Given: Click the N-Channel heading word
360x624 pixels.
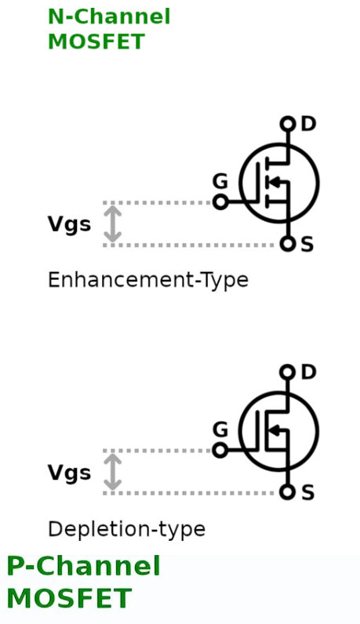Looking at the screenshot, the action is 109,16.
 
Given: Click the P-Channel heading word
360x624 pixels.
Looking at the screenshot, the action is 84,565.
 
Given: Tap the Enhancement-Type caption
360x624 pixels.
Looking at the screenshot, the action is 148,280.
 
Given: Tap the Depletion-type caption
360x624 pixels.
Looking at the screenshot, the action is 126,529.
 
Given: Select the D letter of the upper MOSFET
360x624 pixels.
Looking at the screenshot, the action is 308,124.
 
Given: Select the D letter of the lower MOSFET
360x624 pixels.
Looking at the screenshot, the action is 308,372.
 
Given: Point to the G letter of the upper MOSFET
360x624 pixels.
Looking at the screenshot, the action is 220,182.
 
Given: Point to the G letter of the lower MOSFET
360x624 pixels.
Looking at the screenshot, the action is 220,430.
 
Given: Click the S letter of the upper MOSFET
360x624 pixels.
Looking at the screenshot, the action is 307,244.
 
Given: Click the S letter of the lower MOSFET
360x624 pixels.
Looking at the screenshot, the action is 307,492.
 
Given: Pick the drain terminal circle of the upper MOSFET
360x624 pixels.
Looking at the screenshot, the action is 288,124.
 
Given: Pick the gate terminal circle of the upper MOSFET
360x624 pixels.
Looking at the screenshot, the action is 220,202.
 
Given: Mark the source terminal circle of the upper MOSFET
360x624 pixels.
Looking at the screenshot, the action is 287,244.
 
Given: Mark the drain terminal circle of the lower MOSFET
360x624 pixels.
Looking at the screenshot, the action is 288,372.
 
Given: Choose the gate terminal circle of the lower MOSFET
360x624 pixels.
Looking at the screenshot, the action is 220,451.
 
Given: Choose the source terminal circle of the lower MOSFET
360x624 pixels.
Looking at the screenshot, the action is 287,492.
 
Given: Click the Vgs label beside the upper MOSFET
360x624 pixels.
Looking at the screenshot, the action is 69,224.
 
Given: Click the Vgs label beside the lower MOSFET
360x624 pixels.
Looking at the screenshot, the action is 69,473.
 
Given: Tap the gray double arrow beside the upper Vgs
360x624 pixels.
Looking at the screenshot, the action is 113,223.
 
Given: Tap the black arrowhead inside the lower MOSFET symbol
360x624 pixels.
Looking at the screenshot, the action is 275,430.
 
